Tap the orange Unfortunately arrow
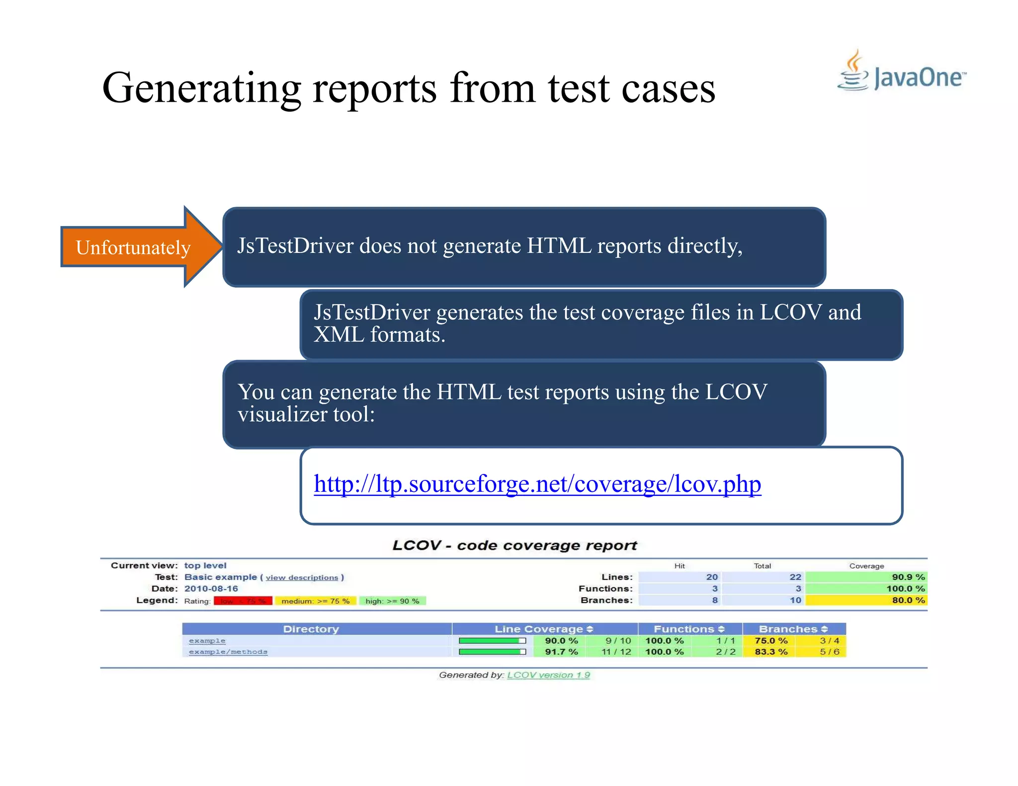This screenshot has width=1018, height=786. coord(134,247)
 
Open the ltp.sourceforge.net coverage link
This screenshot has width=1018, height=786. coord(537,484)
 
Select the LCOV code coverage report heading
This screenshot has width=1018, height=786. coord(514,546)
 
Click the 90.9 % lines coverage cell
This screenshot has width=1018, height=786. coord(866,577)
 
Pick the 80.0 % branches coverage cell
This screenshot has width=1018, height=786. coord(866,600)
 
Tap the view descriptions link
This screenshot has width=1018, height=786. coord(302,577)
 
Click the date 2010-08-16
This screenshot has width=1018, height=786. coord(211,589)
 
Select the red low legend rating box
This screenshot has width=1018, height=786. coord(243,601)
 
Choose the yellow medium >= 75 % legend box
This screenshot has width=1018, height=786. coord(316,601)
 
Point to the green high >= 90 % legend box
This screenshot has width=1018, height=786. coord(392,601)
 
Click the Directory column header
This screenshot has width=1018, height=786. coord(311,629)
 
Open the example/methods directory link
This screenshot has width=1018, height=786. coord(228,652)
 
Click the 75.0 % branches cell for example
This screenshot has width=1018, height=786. coord(771,641)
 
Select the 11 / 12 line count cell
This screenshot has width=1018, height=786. coord(616,652)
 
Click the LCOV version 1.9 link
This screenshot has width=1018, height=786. coord(548,675)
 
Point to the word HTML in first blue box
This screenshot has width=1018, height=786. coord(559,246)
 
